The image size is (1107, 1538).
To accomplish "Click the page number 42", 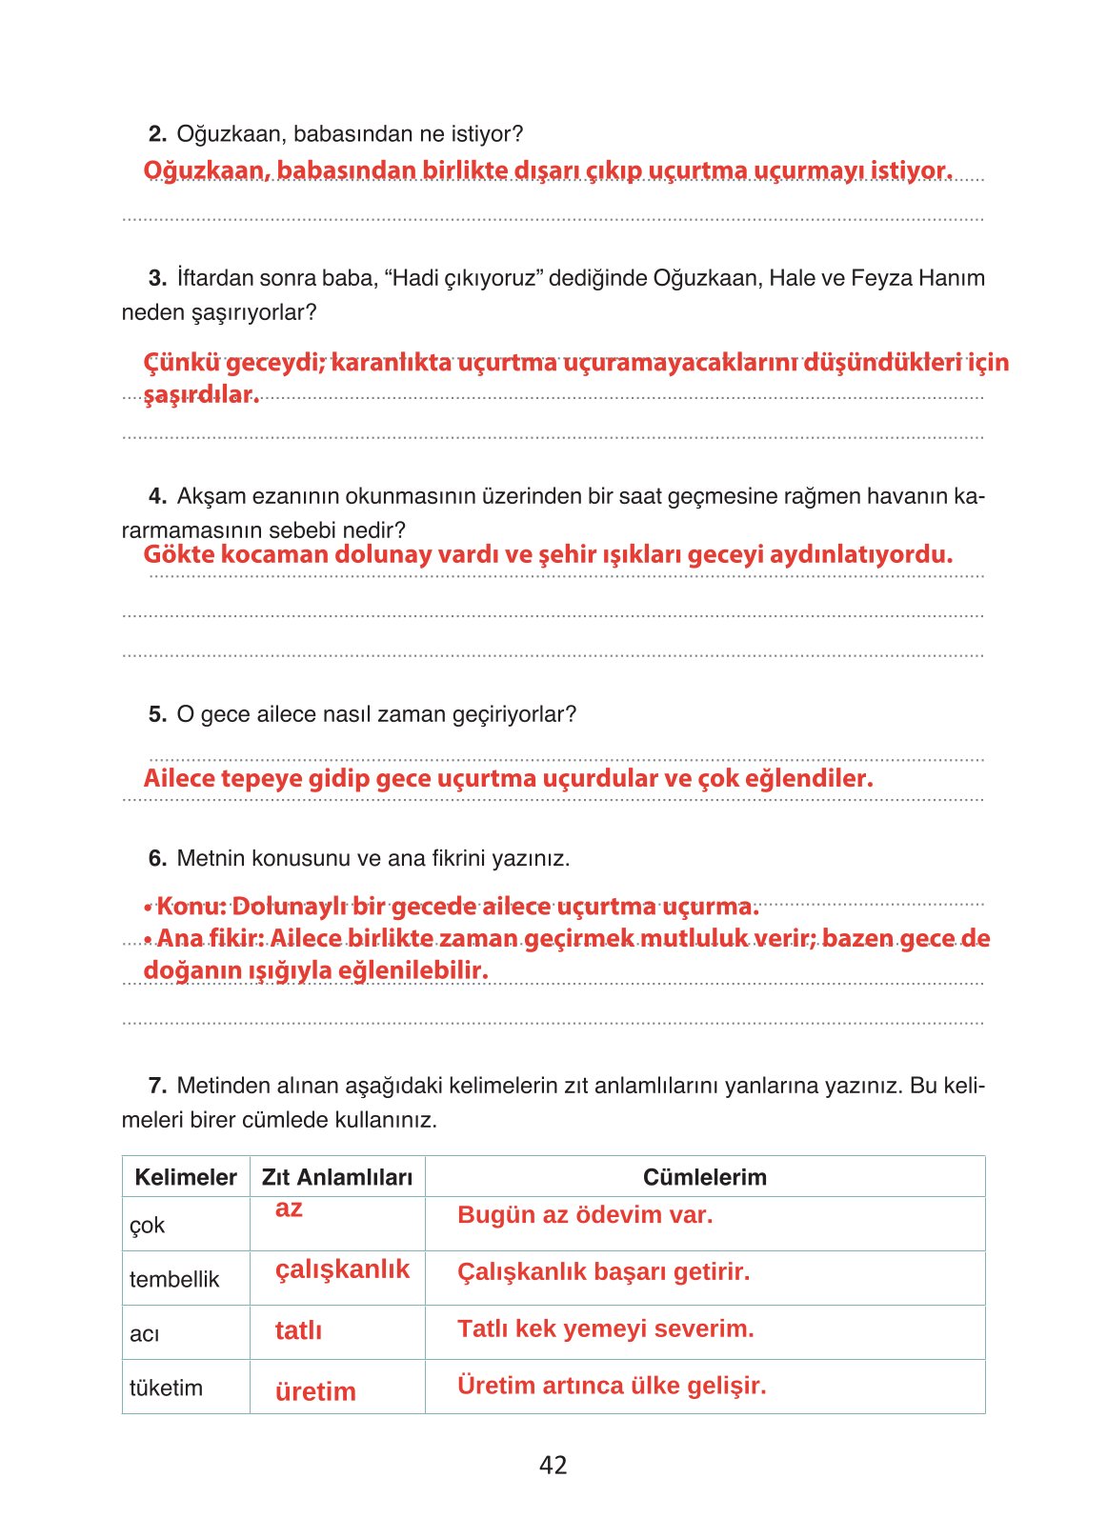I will [x=553, y=1465].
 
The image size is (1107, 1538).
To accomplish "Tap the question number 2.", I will [x=158, y=134].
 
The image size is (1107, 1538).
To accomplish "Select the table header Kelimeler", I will [x=186, y=1177].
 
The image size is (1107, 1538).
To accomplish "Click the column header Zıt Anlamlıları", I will [x=337, y=1177].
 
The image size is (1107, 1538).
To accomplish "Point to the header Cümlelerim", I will [x=704, y=1177].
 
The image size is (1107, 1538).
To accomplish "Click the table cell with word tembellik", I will [x=174, y=1279].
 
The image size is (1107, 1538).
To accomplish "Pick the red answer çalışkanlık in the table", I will [x=342, y=1269].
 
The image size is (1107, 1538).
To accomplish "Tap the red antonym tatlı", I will [x=298, y=1330].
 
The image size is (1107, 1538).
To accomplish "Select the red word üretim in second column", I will [x=315, y=1391].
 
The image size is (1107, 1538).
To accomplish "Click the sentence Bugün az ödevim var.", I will [x=585, y=1215].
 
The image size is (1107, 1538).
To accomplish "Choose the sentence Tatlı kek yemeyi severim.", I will [x=605, y=1328].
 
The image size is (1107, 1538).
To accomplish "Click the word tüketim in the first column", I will [x=166, y=1388].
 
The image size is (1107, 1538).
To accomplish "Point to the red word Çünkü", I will [x=181, y=363].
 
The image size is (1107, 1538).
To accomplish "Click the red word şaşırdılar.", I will [x=201, y=394].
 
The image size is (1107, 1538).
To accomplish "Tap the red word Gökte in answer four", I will [x=178, y=554].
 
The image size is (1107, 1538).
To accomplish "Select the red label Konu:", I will [x=191, y=906].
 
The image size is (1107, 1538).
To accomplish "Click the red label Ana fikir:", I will [x=210, y=938].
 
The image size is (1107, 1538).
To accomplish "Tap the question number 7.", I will [x=158, y=1086].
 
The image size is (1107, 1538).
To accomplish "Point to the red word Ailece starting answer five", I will [x=179, y=778].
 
